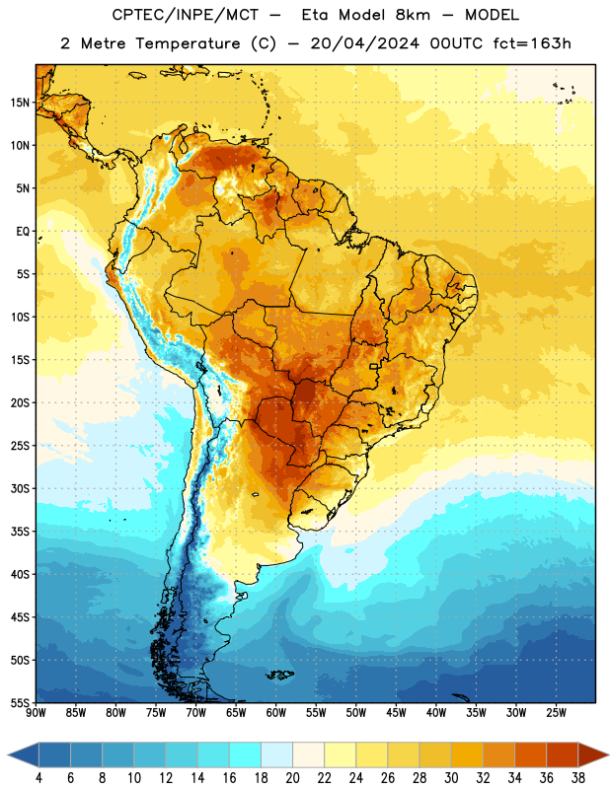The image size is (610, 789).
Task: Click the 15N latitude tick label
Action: [x=20, y=103]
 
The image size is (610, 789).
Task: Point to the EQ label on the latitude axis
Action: [x=23, y=232]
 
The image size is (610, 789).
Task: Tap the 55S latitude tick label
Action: [x=20, y=702]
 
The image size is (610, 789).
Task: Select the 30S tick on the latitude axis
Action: [x=20, y=488]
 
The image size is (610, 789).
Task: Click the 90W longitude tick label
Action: [x=36, y=713]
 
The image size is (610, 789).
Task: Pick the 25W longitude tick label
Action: [x=556, y=713]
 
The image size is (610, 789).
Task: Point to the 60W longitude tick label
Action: [x=276, y=713]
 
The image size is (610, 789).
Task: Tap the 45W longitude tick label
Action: [x=396, y=713]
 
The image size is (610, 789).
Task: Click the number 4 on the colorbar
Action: [x=38, y=778]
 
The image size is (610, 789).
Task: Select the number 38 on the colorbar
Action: [x=578, y=778]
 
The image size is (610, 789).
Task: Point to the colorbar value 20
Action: [x=292, y=778]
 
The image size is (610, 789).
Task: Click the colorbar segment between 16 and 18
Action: [x=245, y=755]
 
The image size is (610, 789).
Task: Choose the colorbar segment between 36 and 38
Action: [x=563, y=755]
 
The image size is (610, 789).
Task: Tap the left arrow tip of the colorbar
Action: [x=8, y=755]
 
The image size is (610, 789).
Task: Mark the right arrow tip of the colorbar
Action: [x=608, y=755]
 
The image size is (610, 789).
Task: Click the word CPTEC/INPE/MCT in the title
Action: [x=185, y=15]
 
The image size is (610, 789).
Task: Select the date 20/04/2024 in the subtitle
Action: [x=364, y=43]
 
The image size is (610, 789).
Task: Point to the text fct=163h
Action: [x=532, y=43]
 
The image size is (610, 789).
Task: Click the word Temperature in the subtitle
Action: [x=188, y=43]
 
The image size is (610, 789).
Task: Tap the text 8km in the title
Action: [x=413, y=15]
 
